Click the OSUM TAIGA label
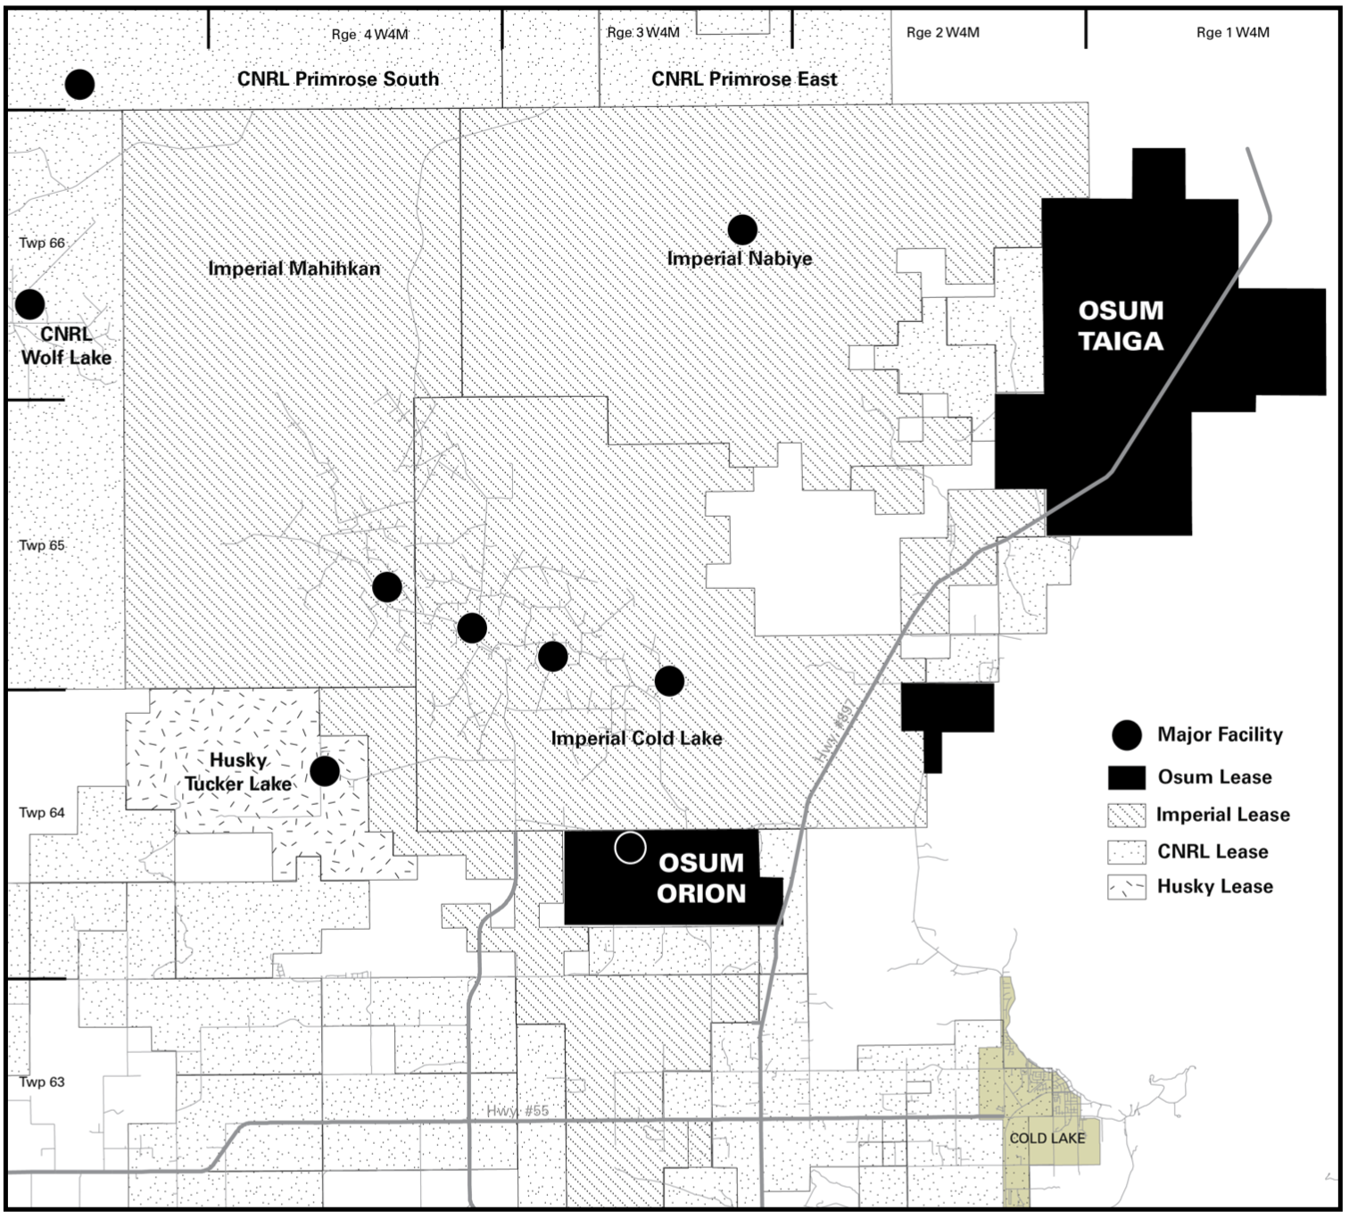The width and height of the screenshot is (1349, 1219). coord(1121,326)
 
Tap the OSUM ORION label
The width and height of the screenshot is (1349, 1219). coord(701,878)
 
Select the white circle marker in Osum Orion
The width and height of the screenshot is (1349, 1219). coord(630,848)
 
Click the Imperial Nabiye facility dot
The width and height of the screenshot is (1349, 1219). coord(742,229)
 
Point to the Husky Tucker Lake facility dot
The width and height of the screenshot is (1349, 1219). coord(325,771)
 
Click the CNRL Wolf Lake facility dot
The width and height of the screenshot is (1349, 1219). coord(30,304)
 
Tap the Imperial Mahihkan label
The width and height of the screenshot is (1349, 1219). coord(294,268)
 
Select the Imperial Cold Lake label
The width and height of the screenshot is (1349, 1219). coord(636,738)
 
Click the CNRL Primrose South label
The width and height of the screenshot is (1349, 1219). coord(338,79)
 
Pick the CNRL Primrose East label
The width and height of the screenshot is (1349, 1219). coord(744,79)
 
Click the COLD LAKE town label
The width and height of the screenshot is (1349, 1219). coord(1047,1138)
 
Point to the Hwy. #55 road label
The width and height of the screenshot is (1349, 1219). coord(517,1111)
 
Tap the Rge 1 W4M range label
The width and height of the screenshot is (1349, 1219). coord(1232,32)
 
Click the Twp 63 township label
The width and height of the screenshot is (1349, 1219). coord(42,1082)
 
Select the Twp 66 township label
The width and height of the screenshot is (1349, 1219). coord(42,243)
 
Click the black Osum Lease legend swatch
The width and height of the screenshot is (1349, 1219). coord(1127,777)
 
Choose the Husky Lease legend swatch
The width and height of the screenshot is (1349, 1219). coord(1127,888)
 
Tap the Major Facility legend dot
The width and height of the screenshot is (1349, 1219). coord(1128,734)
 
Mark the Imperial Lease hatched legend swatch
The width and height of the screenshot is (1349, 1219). coord(1127,815)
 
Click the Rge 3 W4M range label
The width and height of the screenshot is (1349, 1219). coord(643,32)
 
